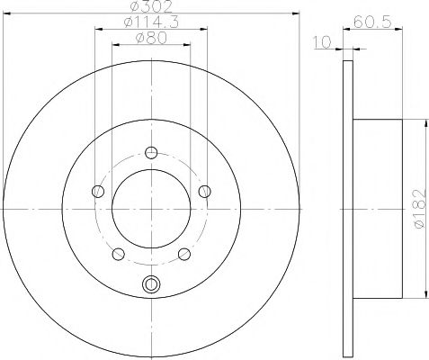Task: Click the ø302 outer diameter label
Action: pos(151,6)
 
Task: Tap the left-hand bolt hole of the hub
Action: pos(96,190)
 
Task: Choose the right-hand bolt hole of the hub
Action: pos(205,190)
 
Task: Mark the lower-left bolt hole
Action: pos(117,253)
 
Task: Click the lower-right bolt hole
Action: pos(184,253)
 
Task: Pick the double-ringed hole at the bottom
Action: pos(150,286)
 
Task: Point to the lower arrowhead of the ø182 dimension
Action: pos(424,294)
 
